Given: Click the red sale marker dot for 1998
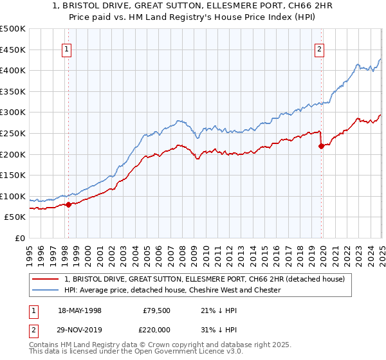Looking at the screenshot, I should click(x=68, y=204).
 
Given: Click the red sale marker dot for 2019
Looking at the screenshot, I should click(x=321, y=146).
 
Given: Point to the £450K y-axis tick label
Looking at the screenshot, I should click(x=13, y=50).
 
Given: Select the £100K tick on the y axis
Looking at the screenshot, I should click(x=13, y=196).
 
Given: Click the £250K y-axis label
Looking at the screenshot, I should click(x=13, y=133).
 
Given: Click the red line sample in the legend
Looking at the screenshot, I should click(x=45, y=279).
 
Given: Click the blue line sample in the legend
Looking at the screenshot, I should click(x=45, y=290).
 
